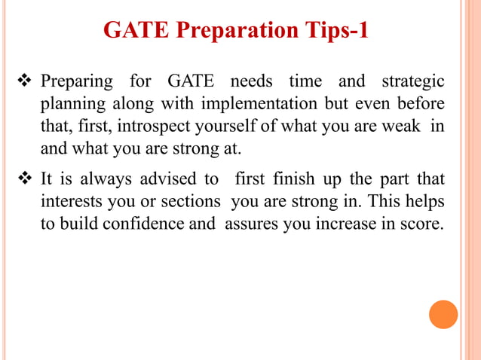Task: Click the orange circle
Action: coord(443,314)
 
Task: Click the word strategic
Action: coord(413,81)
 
